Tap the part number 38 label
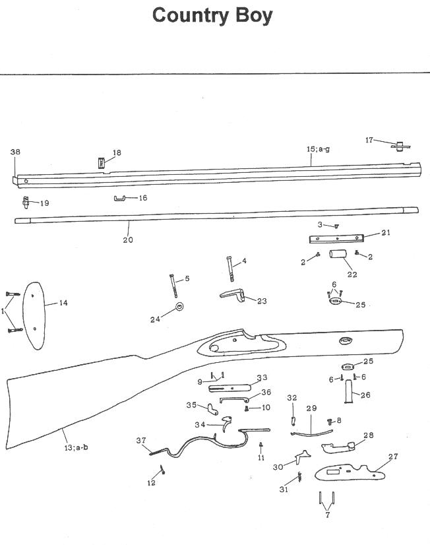pyautogui.click(x=16, y=152)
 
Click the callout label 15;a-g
pyautogui.click(x=318, y=150)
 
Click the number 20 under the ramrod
pyautogui.click(x=128, y=240)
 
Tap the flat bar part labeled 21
pyautogui.click(x=336, y=238)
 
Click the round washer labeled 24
pyautogui.click(x=179, y=308)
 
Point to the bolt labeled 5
pyautogui.click(x=175, y=286)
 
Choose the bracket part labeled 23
pyautogui.click(x=234, y=294)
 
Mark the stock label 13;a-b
pyautogui.click(x=76, y=447)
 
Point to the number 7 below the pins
pyautogui.click(x=328, y=515)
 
